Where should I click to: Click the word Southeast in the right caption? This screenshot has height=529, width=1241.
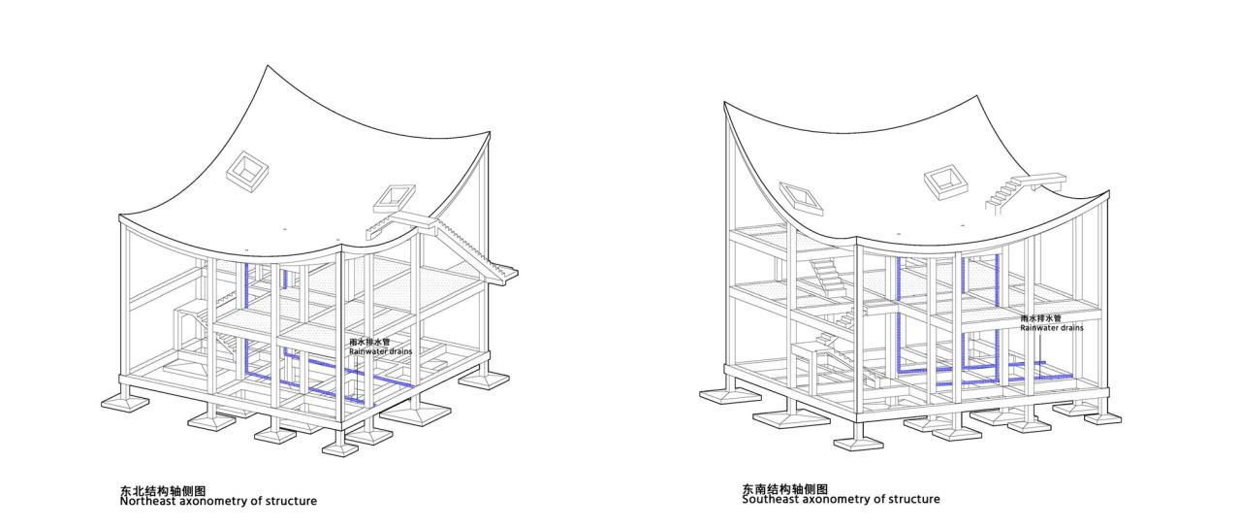tap(770, 499)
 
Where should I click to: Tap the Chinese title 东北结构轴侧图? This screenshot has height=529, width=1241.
tap(163, 491)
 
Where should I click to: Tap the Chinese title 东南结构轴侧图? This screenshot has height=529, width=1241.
tap(785, 489)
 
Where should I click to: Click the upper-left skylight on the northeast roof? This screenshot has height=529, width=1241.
tap(247, 172)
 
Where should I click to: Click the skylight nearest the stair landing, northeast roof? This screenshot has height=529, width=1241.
tap(394, 199)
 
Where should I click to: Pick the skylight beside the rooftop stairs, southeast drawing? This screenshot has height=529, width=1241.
tap(946, 182)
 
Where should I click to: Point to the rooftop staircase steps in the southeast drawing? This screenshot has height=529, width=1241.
tap(1002, 196)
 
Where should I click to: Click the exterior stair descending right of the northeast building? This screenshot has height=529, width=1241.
tap(475, 250)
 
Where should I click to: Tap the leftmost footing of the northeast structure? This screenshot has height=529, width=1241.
tap(125, 403)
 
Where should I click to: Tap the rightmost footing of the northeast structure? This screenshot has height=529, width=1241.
tap(484, 380)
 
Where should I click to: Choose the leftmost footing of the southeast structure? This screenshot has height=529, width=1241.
tap(730, 396)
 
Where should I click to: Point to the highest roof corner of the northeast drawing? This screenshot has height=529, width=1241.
tap(269, 65)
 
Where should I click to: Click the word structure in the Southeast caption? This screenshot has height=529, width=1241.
tap(914, 499)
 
